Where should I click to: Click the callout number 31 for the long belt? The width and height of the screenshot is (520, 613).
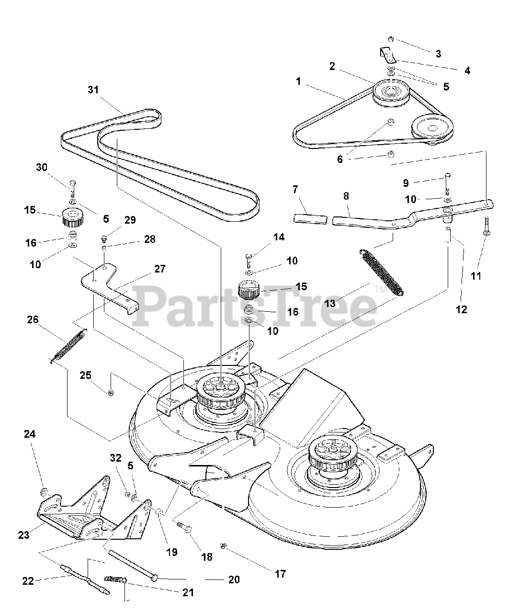tap(93, 90)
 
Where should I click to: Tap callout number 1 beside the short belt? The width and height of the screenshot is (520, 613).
tap(298, 81)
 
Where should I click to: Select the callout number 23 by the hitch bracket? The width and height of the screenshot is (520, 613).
tap(24, 535)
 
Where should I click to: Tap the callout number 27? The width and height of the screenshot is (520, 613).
tap(159, 269)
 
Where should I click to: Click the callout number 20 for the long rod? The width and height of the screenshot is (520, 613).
tap(234, 579)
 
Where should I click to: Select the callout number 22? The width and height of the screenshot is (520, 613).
tap(28, 581)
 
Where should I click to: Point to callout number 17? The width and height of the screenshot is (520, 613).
tap(280, 573)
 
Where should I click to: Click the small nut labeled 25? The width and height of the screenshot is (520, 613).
tap(111, 393)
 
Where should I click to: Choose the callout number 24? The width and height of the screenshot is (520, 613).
tap(30, 434)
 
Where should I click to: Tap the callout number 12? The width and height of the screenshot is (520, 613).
tap(461, 309)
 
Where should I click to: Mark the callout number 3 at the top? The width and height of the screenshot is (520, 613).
tap(438, 54)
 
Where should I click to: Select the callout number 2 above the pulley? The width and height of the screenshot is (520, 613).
tap(332, 66)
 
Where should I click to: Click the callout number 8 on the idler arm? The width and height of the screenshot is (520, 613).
tap(346, 196)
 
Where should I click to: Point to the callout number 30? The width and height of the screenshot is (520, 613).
tap(42, 167)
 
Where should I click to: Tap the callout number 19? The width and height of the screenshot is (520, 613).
tap(171, 552)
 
